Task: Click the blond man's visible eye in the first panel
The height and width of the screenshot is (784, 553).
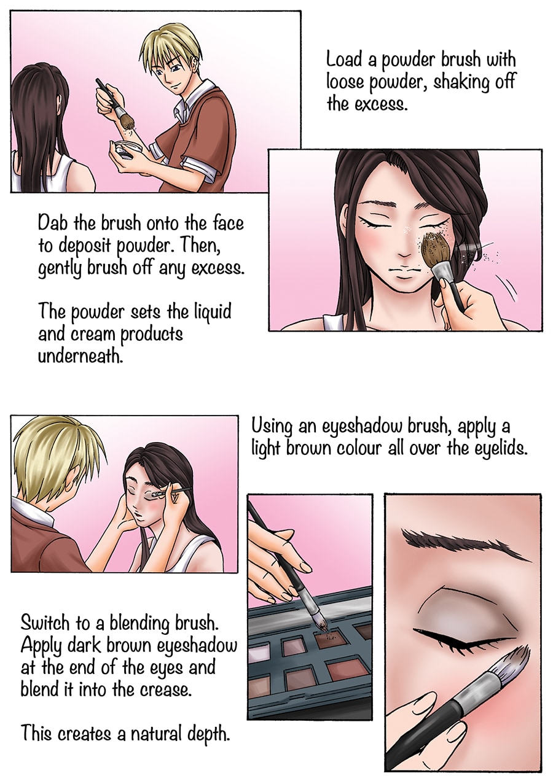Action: [x=162, y=73]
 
